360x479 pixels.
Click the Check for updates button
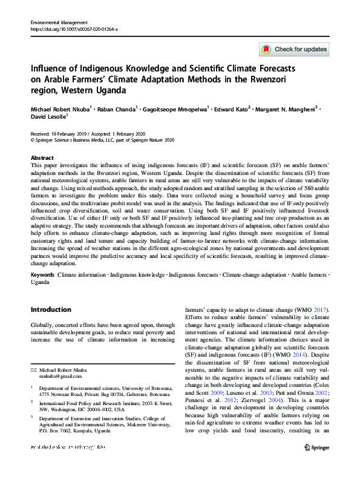coord(294,49)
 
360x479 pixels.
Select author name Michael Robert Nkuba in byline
coord(59,110)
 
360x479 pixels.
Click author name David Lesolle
coord(48,117)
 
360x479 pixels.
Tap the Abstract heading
coord(42,156)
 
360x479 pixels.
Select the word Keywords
coord(43,274)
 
